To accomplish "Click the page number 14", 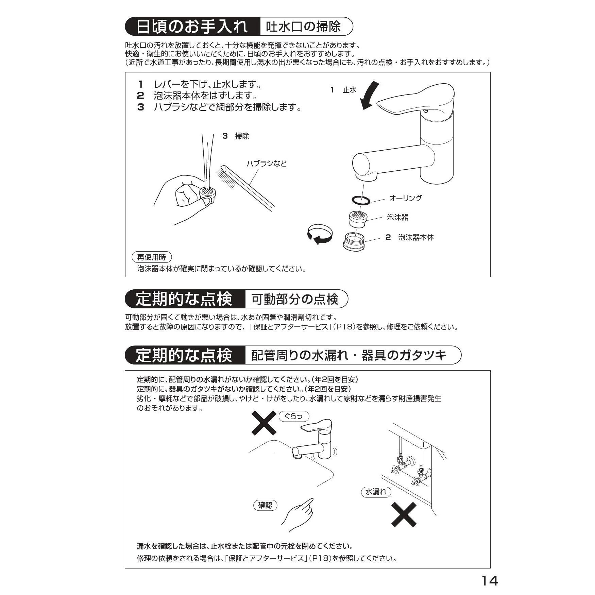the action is pyautogui.click(x=490, y=580).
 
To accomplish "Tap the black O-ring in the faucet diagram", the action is pyautogui.click(x=360, y=201).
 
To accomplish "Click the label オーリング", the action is pyautogui.click(x=405, y=198).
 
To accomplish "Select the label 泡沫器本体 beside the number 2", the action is pyautogui.click(x=416, y=237).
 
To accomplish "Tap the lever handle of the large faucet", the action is pyautogui.click(x=415, y=100).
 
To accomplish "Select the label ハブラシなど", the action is pyautogui.click(x=267, y=164).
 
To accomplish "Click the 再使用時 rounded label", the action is pyautogui.click(x=152, y=257).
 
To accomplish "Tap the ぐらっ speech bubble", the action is pyautogui.click(x=294, y=416).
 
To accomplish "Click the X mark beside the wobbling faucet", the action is pyautogui.click(x=264, y=423).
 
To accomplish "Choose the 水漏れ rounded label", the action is pyautogui.click(x=376, y=492).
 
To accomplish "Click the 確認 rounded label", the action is pyautogui.click(x=265, y=505).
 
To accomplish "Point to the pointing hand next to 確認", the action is pyautogui.click(x=298, y=515).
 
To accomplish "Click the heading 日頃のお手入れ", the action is pyautogui.click(x=192, y=27).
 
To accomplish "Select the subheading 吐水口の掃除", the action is pyautogui.click(x=303, y=27).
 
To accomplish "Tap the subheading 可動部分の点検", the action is pyautogui.click(x=295, y=299).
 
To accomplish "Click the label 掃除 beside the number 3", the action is pyautogui.click(x=242, y=136).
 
